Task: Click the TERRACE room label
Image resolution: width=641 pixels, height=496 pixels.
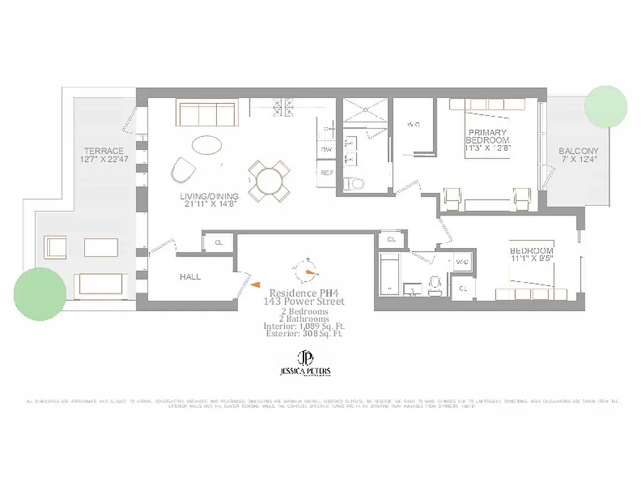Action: coord(104,151)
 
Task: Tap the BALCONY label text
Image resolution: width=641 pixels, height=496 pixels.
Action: coord(578,151)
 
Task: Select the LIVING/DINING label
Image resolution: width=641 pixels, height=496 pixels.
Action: coord(209,197)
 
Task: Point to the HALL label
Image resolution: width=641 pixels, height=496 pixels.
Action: coord(190,277)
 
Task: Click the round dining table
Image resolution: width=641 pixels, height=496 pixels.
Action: coord(269,181)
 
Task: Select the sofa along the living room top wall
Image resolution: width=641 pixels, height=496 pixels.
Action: coord(207,113)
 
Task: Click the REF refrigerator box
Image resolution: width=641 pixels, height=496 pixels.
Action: coord(326,172)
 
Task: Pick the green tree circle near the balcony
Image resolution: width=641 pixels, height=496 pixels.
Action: coord(606,107)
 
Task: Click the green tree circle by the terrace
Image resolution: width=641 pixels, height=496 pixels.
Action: coord(40,293)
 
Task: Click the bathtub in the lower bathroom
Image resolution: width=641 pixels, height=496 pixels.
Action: coord(390,272)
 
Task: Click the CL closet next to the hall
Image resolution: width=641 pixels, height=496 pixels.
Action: coord(219,242)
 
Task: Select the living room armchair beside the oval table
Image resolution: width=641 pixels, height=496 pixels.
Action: coord(183,170)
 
